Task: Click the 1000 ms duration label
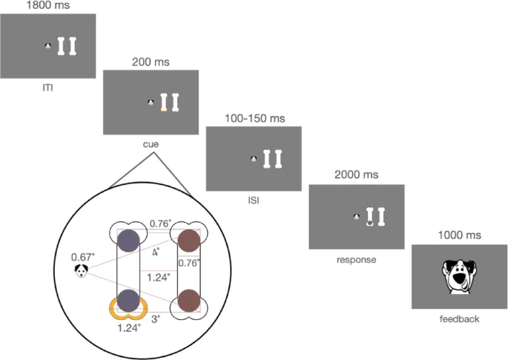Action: (460, 235)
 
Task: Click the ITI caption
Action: (47, 87)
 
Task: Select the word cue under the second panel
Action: (151, 144)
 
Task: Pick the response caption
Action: (356, 259)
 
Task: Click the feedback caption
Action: (460, 319)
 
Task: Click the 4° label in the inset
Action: (156, 252)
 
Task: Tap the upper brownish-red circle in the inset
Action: (188, 240)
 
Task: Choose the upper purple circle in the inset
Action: (128, 240)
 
